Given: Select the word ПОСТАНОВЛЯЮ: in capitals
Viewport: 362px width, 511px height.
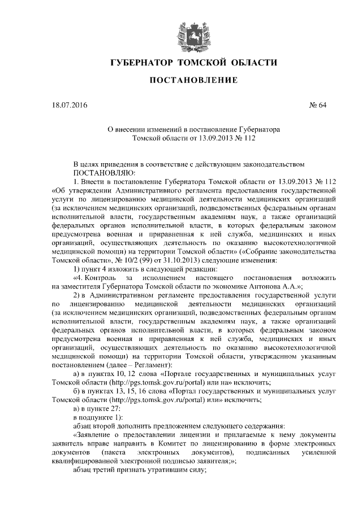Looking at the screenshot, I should [x=102, y=172].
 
